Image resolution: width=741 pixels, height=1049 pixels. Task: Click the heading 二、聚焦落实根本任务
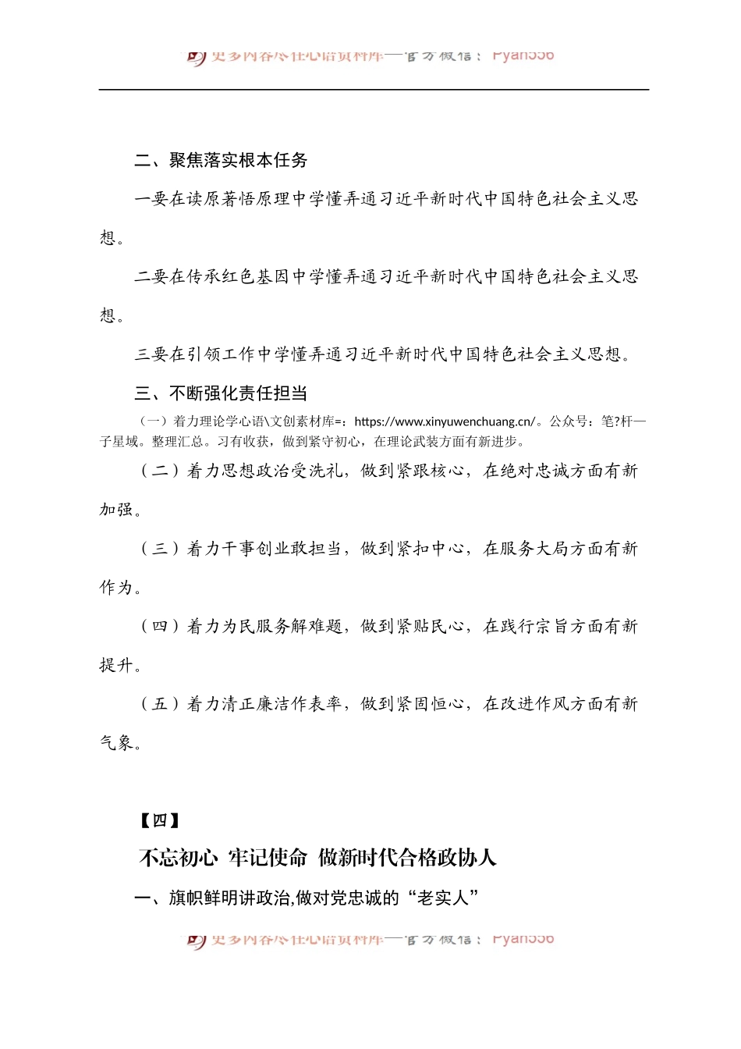click(221, 160)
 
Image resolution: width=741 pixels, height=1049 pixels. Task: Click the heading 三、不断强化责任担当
click(221, 393)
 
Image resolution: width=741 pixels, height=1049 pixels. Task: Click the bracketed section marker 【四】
click(159, 820)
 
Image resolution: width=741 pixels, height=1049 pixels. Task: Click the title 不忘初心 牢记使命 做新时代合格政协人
click(317, 858)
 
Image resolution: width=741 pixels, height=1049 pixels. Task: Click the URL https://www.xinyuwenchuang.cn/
click(445, 421)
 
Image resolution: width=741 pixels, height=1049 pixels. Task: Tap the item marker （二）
click(160, 471)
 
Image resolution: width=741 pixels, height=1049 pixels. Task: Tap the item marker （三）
click(160, 549)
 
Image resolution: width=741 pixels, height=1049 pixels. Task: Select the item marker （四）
click(160, 626)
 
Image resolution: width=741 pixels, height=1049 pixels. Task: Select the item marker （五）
click(160, 704)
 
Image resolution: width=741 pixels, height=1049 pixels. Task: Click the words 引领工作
click(222, 354)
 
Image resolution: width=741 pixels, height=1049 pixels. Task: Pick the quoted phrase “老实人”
click(442, 898)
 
